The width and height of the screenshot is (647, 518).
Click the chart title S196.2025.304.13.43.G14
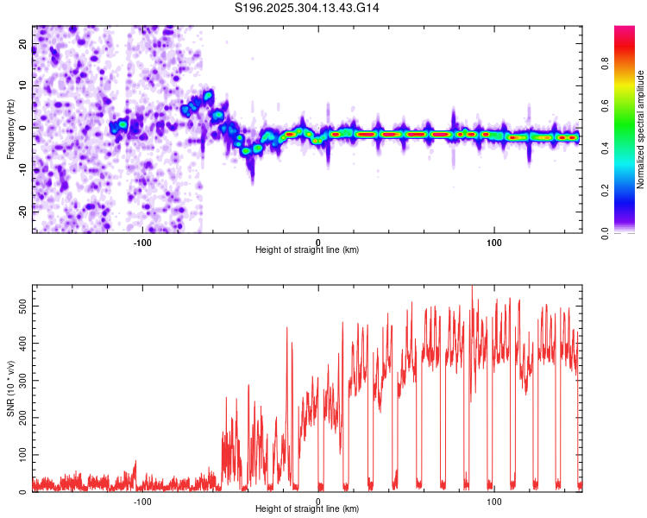308,9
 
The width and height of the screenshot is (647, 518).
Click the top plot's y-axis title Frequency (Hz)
10,129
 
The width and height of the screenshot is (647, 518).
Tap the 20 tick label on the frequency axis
23,46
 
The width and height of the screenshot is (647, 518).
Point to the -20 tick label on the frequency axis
22,211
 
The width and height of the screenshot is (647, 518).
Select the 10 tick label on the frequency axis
23,87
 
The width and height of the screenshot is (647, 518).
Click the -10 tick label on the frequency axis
22,169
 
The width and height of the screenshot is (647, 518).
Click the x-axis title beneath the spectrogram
307,250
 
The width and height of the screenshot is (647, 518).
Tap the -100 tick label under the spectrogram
142,243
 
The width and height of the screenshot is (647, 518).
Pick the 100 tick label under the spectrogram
494,243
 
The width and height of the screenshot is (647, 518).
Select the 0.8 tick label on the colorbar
606,63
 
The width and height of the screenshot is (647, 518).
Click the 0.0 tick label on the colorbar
606,232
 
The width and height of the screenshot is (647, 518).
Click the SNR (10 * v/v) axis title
10,388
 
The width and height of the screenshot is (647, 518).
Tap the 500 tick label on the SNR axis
19,306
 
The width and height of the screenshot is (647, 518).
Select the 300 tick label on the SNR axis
19,380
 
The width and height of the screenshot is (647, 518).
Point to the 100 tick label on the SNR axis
19,454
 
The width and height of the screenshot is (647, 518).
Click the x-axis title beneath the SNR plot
307,509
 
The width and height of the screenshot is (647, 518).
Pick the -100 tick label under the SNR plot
142,502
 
